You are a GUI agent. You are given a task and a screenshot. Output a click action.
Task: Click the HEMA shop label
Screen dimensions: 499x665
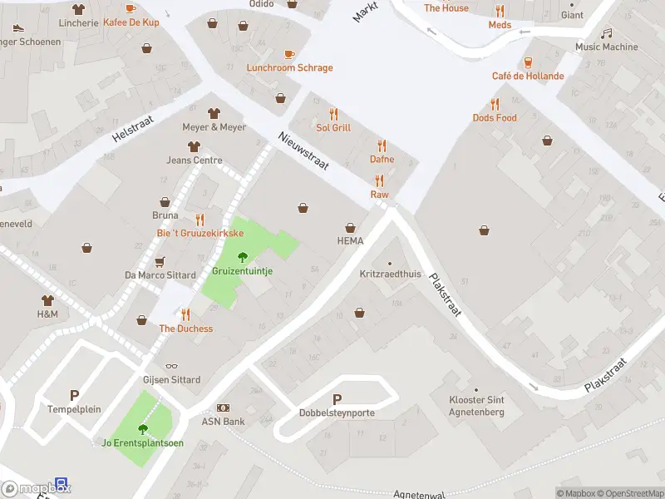pyautogui.click(x=350, y=241)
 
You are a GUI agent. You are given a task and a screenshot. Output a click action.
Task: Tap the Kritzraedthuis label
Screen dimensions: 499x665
pyautogui.click(x=390, y=274)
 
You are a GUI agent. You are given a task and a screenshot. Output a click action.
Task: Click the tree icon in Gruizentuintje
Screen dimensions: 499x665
pyautogui.click(x=243, y=257)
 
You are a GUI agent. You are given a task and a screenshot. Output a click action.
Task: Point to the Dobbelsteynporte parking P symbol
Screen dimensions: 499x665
pyautogui.click(x=337, y=400)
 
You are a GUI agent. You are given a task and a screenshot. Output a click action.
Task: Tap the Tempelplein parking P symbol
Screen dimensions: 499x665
pyautogui.click(x=74, y=397)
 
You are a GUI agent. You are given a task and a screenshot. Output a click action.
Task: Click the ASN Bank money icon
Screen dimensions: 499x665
pyautogui.click(x=223, y=408)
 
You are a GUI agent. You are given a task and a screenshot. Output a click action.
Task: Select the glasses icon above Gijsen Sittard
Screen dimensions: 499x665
pyautogui.click(x=171, y=366)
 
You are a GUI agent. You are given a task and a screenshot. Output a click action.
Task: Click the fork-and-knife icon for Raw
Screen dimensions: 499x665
pyautogui.click(x=379, y=180)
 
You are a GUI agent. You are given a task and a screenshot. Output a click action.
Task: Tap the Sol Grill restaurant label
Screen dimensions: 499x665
pyautogui.click(x=333, y=128)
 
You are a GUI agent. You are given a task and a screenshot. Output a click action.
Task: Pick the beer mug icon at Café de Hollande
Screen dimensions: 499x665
pyautogui.click(x=528, y=62)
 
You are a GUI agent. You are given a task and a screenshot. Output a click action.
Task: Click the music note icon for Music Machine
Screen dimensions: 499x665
pyautogui.click(x=607, y=33)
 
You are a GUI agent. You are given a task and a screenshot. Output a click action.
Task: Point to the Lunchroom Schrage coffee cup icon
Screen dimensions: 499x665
pyautogui.click(x=289, y=54)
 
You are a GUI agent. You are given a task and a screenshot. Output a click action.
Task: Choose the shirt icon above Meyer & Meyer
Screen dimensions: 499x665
pyautogui.click(x=214, y=113)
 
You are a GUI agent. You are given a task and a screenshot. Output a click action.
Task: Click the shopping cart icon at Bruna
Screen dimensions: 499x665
pyautogui.click(x=165, y=201)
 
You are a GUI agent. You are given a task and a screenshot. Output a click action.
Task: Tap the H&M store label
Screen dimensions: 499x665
pyautogui.click(x=47, y=314)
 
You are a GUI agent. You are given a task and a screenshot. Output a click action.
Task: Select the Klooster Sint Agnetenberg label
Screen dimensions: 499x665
pyautogui.click(x=476, y=406)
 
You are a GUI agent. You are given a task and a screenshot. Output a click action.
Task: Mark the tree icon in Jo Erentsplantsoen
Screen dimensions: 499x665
pyautogui.click(x=142, y=429)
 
